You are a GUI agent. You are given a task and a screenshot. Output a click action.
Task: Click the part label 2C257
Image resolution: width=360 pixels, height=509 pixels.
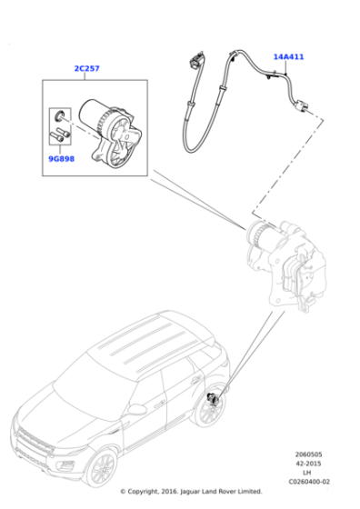click(x=86, y=68)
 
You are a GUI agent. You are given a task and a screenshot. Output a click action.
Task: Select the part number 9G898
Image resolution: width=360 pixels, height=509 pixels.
click(x=61, y=159)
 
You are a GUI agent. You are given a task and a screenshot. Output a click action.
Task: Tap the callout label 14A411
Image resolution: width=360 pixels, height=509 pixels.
click(x=288, y=56)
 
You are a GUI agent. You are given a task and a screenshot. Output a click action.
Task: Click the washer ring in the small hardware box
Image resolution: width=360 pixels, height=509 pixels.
click(x=59, y=115)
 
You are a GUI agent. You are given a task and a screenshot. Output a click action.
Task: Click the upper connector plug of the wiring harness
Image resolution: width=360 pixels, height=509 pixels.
click(x=195, y=61)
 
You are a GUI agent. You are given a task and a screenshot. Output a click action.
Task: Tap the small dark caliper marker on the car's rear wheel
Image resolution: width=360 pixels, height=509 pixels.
click(x=214, y=399)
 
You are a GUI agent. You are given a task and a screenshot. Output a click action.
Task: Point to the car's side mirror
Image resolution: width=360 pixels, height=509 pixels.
click(x=136, y=409)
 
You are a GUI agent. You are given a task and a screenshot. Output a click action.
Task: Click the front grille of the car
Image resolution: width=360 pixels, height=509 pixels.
click(x=35, y=439)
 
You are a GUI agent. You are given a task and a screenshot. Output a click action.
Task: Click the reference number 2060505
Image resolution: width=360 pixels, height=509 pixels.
click(x=308, y=454)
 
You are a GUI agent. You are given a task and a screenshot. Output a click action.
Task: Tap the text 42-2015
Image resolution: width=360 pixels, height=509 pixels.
click(x=308, y=464)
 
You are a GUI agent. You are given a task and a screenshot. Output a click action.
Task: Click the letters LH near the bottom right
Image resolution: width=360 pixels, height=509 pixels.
click(x=306, y=473)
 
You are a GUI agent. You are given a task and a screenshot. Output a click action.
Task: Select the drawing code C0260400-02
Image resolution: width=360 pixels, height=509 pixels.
click(x=309, y=482)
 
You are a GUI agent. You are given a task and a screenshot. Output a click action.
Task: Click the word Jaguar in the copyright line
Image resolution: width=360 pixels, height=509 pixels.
click(x=190, y=492)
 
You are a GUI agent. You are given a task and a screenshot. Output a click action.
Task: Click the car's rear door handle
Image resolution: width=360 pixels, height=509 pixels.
click(x=195, y=380)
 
